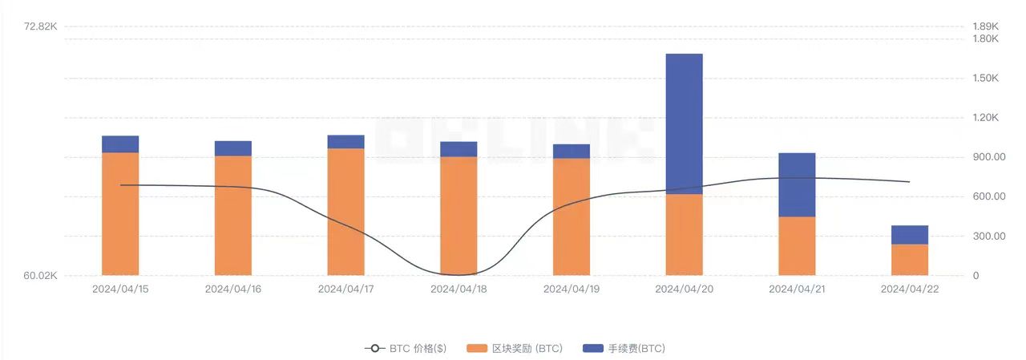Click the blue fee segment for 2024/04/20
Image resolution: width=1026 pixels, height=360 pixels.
point(684,123)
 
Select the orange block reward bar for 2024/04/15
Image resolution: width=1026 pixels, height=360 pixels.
point(120,213)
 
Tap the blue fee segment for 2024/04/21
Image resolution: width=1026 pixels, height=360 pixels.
point(797,184)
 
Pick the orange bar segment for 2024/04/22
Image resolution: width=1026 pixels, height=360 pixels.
point(910,260)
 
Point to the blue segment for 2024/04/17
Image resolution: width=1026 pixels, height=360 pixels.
point(345,142)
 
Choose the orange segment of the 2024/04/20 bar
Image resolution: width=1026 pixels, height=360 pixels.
point(684,235)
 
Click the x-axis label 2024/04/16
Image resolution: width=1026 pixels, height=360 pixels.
point(233,289)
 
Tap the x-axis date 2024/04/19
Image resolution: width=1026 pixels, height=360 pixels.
point(572,289)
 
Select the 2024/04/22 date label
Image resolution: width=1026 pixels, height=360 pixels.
point(910,289)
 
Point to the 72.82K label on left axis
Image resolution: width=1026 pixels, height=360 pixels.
point(41,26)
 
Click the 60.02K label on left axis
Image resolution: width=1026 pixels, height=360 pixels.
point(41,276)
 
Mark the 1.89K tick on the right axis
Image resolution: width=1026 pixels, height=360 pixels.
point(984,26)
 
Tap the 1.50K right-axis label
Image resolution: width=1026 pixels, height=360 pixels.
point(985,78)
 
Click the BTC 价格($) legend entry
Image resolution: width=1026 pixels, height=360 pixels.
point(406,349)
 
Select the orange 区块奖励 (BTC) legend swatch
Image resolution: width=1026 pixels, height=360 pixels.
point(478,349)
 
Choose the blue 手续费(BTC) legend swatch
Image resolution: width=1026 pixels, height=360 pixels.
point(593,349)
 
